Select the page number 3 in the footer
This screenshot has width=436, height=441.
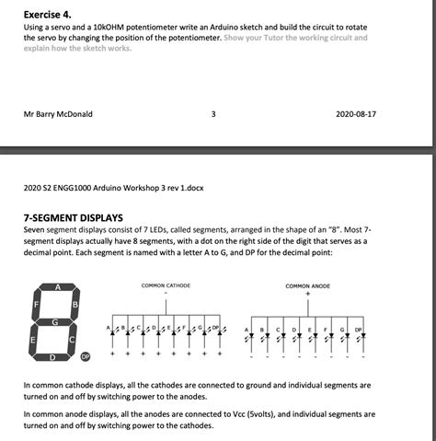pos(212,115)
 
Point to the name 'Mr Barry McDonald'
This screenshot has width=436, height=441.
pos(58,115)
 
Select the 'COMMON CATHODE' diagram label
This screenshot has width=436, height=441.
pos(166,286)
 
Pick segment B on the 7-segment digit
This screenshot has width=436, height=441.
pos(75,305)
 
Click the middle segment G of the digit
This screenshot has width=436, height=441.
pos(56,322)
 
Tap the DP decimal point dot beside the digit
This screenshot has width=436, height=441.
pos(86,355)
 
